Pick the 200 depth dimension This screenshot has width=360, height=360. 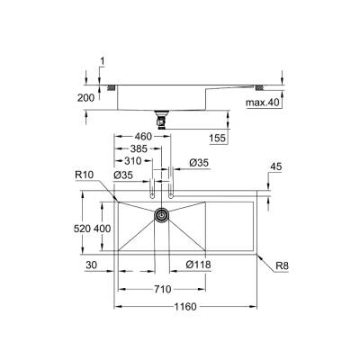(x=86, y=96)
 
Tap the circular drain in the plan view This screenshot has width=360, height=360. (x=162, y=214)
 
